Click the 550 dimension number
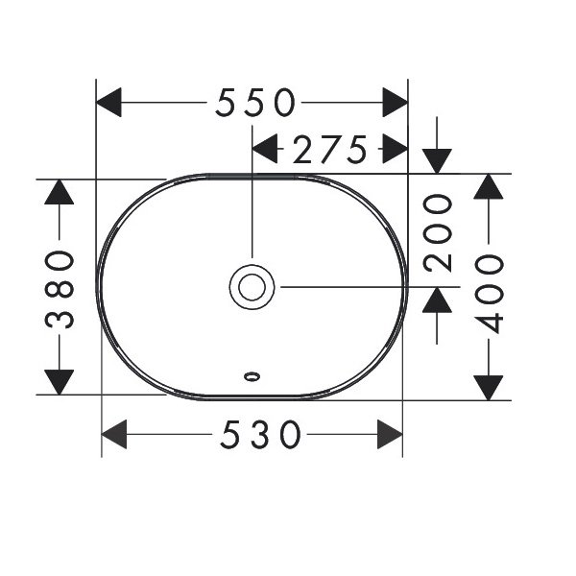point(255,103)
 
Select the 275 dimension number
point(330,149)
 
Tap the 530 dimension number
point(260,435)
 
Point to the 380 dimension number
point(60,290)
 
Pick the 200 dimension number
point(437,233)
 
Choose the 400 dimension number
point(489,295)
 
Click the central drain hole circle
point(252,287)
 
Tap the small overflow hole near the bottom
point(252,376)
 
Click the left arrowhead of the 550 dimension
point(108,103)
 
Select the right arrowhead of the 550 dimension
point(396,103)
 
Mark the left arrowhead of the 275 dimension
point(265,149)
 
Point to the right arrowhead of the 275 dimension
point(396,149)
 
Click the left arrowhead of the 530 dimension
point(114,434)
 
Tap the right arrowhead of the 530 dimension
point(390,434)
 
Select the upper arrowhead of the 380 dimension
point(60,192)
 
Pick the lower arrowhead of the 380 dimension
point(60,382)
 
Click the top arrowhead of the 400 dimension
point(489,186)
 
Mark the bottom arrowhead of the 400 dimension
point(489,388)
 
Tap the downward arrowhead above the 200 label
point(437,161)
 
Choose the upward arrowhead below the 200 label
point(437,300)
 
